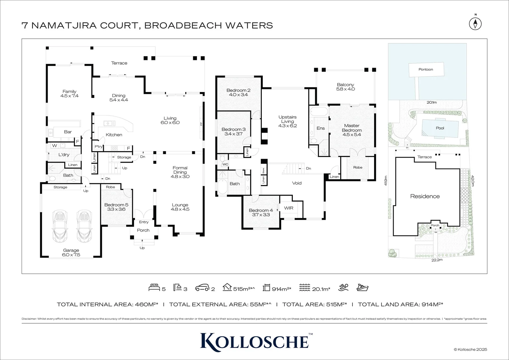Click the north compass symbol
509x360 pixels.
coord(476,23)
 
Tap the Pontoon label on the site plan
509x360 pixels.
coord(426,69)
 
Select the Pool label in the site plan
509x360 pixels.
coord(440,128)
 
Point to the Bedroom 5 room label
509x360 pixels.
coord(116,207)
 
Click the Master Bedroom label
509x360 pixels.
coord(352,130)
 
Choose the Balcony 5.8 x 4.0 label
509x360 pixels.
coord(345,87)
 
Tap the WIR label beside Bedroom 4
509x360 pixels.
coord(288,208)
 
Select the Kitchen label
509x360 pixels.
coord(114,135)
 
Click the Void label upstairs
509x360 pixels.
coord(296,183)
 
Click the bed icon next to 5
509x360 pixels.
coord(154,287)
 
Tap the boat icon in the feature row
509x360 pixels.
coord(362,287)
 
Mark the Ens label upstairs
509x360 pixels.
coord(320,128)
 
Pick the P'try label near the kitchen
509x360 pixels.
coord(99,147)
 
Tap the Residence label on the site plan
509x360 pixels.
coord(425,196)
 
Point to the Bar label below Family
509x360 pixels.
coord(68,132)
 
